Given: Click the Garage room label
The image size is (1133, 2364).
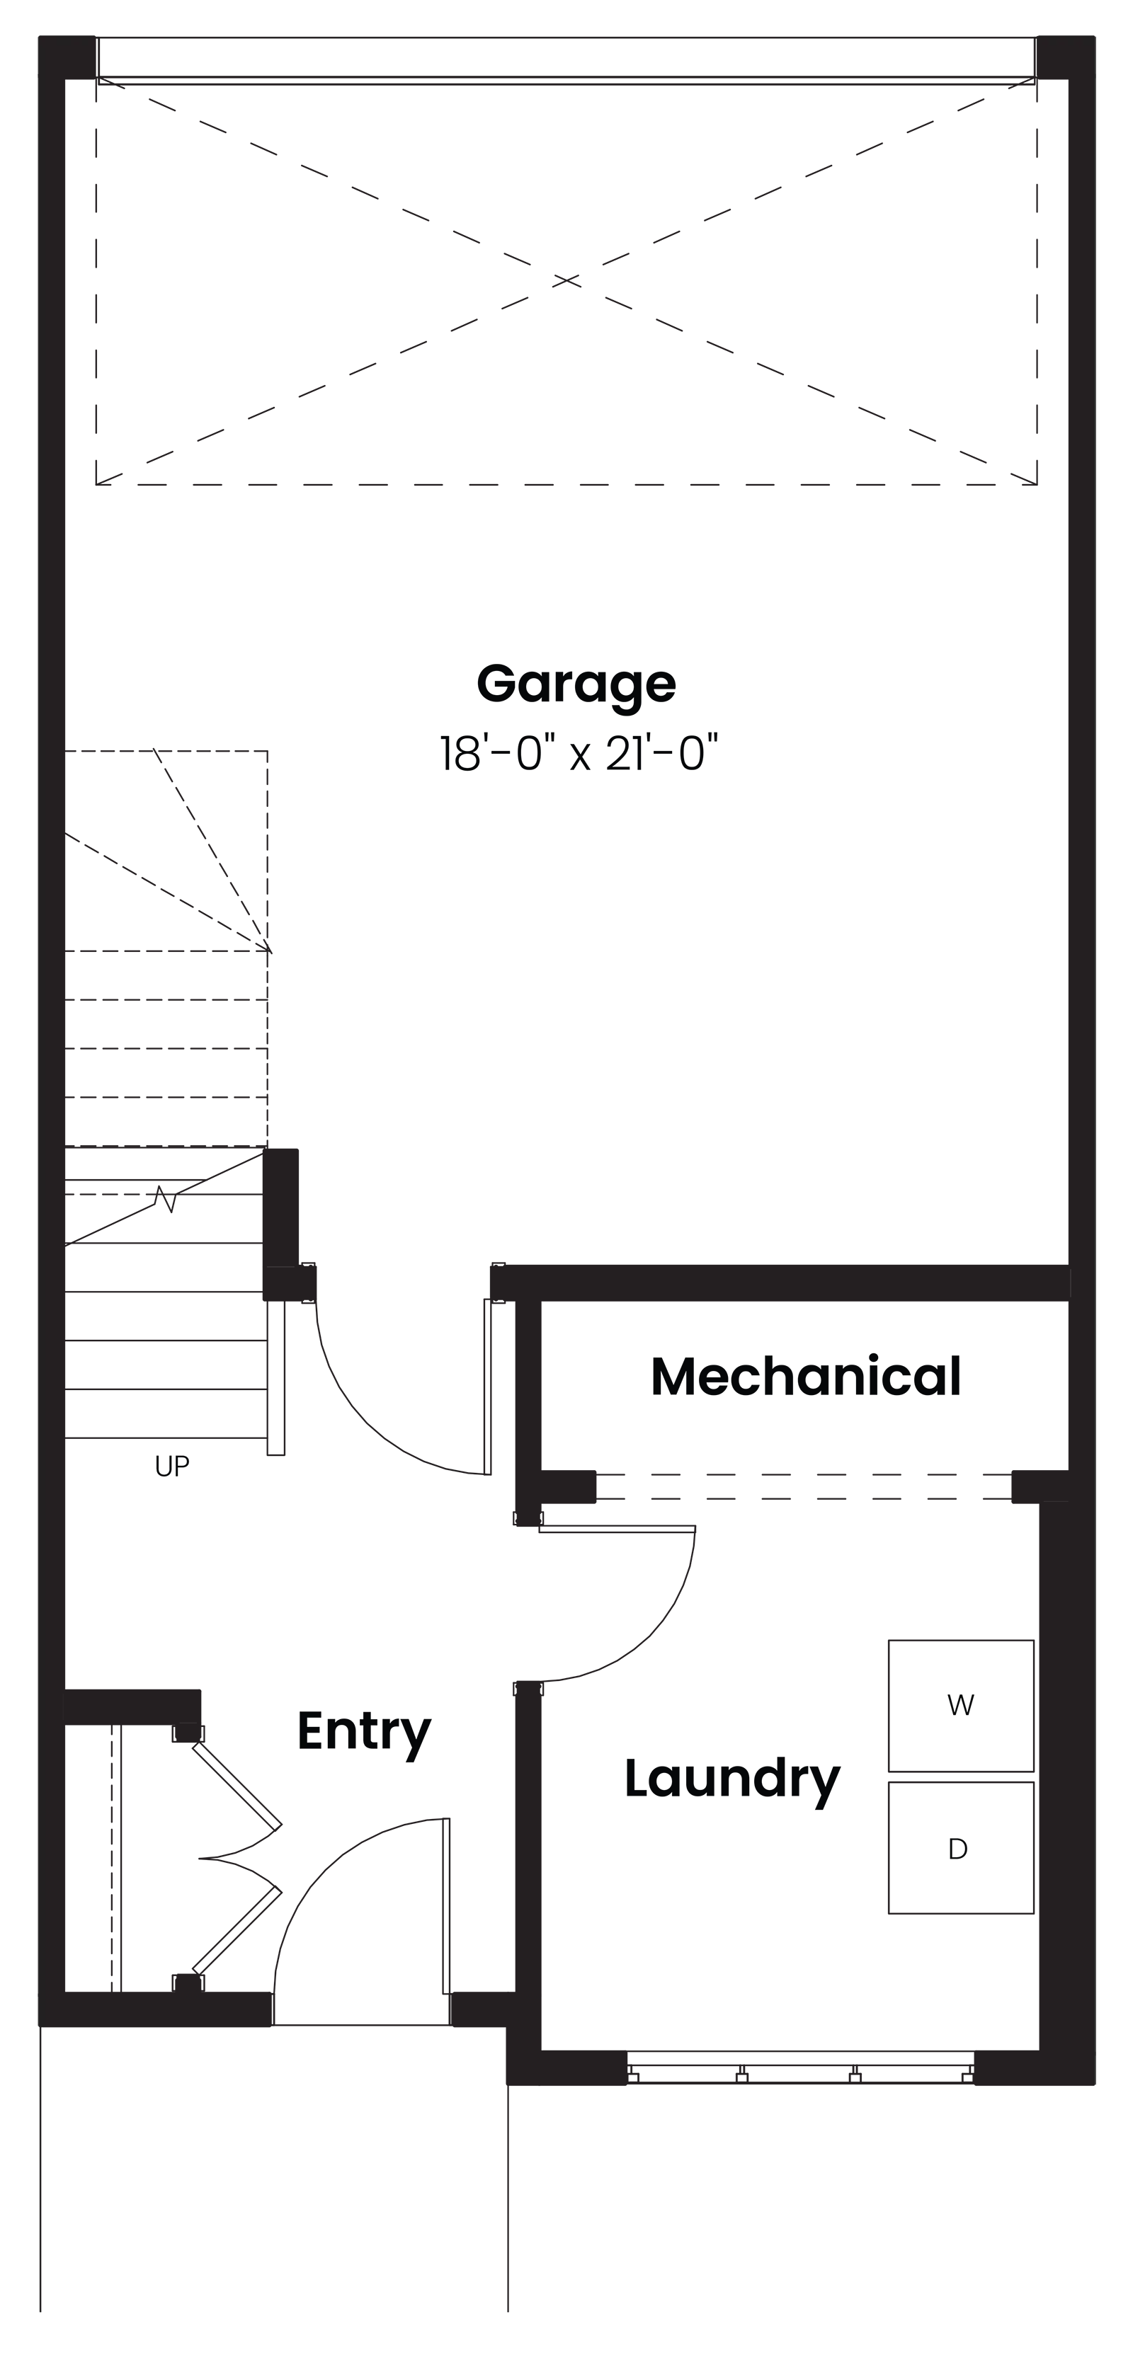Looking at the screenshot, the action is click(x=576, y=684).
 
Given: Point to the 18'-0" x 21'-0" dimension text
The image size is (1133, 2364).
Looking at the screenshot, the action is click(x=578, y=753).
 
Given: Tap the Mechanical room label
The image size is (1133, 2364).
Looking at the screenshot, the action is click(x=805, y=1377).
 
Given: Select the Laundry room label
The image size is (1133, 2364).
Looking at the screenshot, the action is click(x=731, y=1779).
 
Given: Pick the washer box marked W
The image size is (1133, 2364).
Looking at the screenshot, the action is click(x=960, y=1705).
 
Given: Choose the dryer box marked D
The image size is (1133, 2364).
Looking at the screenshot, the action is click(x=960, y=1848).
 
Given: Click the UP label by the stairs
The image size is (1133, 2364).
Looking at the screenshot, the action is click(x=171, y=1467).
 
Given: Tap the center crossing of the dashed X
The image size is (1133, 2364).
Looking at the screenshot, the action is click(x=566, y=280).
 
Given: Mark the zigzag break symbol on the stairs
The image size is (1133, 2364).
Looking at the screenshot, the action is click(x=165, y=1198).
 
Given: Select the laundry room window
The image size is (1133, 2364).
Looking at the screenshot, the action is click(x=799, y=2067).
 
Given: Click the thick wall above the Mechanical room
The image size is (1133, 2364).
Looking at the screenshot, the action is click(x=780, y=1282).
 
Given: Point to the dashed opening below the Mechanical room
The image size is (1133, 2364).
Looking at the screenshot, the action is click(x=804, y=1486).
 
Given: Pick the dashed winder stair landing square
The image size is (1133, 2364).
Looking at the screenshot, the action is click(x=166, y=851).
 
